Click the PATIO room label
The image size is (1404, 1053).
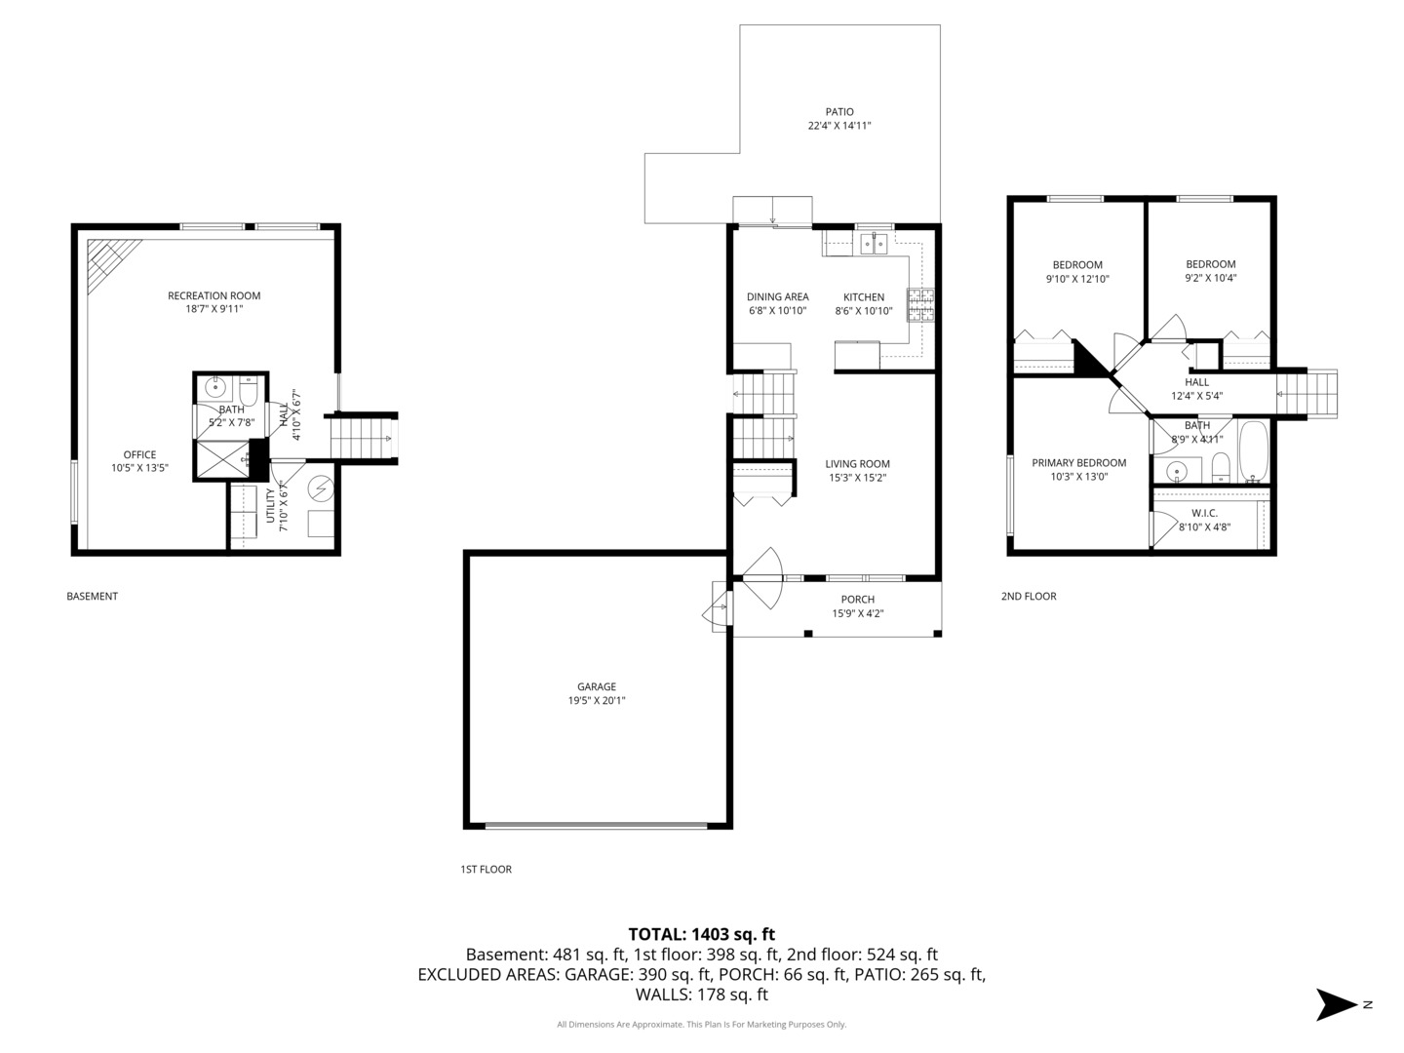[839, 112]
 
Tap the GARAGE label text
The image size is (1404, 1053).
[597, 686]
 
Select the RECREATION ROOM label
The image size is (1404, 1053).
[214, 295]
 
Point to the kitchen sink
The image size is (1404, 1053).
[874, 244]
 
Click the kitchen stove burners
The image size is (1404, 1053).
[920, 305]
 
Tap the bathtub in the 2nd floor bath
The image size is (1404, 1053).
[1254, 451]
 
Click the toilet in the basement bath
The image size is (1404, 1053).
[249, 391]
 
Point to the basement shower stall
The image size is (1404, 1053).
[222, 458]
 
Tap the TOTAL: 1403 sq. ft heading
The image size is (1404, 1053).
[702, 934]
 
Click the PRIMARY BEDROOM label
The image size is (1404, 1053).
[1079, 463]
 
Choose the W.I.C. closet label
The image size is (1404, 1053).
[1204, 513]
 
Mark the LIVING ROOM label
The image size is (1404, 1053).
[857, 464]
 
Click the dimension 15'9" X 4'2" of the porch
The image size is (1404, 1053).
[858, 614]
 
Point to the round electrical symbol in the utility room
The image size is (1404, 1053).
[321, 489]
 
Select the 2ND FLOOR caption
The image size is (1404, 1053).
[1029, 597]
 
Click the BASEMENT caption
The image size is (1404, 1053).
[92, 597]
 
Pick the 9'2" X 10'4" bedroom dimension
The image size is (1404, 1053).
[1210, 278]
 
